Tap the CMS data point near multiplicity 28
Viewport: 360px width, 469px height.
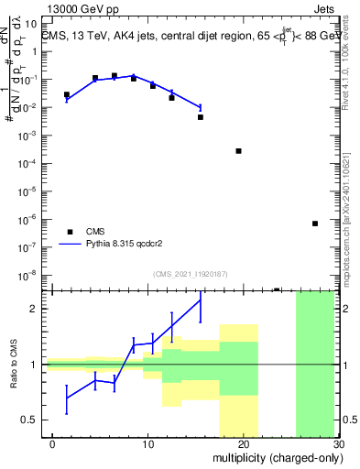coord(314,224)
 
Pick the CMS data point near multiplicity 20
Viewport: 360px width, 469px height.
coord(238,151)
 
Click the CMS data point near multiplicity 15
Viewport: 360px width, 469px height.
coord(200,117)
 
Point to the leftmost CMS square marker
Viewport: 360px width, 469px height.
coord(66,94)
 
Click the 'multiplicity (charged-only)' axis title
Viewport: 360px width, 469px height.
coord(276,458)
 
